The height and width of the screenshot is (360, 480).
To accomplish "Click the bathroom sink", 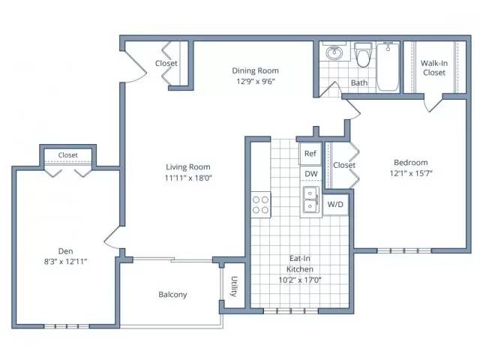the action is point(334,52).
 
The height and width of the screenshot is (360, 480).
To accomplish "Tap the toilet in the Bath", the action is point(363,55).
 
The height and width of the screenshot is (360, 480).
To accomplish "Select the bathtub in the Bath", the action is point(388,67).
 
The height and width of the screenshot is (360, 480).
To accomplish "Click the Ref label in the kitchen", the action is point(310,153).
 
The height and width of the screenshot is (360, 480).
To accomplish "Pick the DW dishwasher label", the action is point(311,174).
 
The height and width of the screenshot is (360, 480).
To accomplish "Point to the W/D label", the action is point(335,204).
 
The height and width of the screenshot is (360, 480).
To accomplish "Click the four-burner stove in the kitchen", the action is point(261,205).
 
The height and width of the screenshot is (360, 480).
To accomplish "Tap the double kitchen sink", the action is point(311,199).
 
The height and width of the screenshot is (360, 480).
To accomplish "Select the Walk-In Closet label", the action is point(434,68).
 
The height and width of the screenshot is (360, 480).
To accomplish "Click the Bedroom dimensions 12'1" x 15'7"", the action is point(411,173).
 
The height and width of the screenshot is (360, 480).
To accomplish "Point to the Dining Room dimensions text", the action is point(256,82).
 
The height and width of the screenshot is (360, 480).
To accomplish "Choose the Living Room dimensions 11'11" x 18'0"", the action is point(188,178).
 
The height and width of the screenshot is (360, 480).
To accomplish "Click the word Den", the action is point(65,251).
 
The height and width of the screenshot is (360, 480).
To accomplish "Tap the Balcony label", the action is point(172,295).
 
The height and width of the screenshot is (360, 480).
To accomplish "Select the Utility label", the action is point(234,286).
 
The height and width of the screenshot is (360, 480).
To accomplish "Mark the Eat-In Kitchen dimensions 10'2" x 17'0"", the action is point(300,280).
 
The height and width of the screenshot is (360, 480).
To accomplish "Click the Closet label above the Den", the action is point(68,155).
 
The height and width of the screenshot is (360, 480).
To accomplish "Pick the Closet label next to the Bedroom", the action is point(344,165).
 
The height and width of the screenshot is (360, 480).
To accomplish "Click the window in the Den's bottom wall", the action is point(67,326).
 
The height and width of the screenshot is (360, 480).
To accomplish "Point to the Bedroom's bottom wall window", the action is point(404,250).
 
